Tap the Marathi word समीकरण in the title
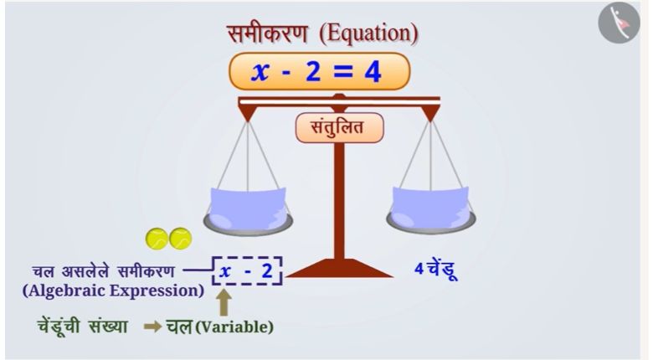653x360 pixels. [267, 33]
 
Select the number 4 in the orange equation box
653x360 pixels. [373, 72]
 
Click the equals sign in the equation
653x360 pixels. [339, 72]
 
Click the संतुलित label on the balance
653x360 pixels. [339, 127]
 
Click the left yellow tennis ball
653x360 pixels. [157, 239]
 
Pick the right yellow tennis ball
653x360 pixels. [181, 239]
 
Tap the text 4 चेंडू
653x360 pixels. [435, 270]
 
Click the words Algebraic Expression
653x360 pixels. [113, 291]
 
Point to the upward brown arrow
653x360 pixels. [224, 303]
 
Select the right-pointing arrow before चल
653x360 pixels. [152, 327]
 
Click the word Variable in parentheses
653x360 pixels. [234, 327]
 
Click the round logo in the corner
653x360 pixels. [619, 23]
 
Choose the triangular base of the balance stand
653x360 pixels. [339, 268]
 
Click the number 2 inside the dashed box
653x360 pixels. [267, 271]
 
